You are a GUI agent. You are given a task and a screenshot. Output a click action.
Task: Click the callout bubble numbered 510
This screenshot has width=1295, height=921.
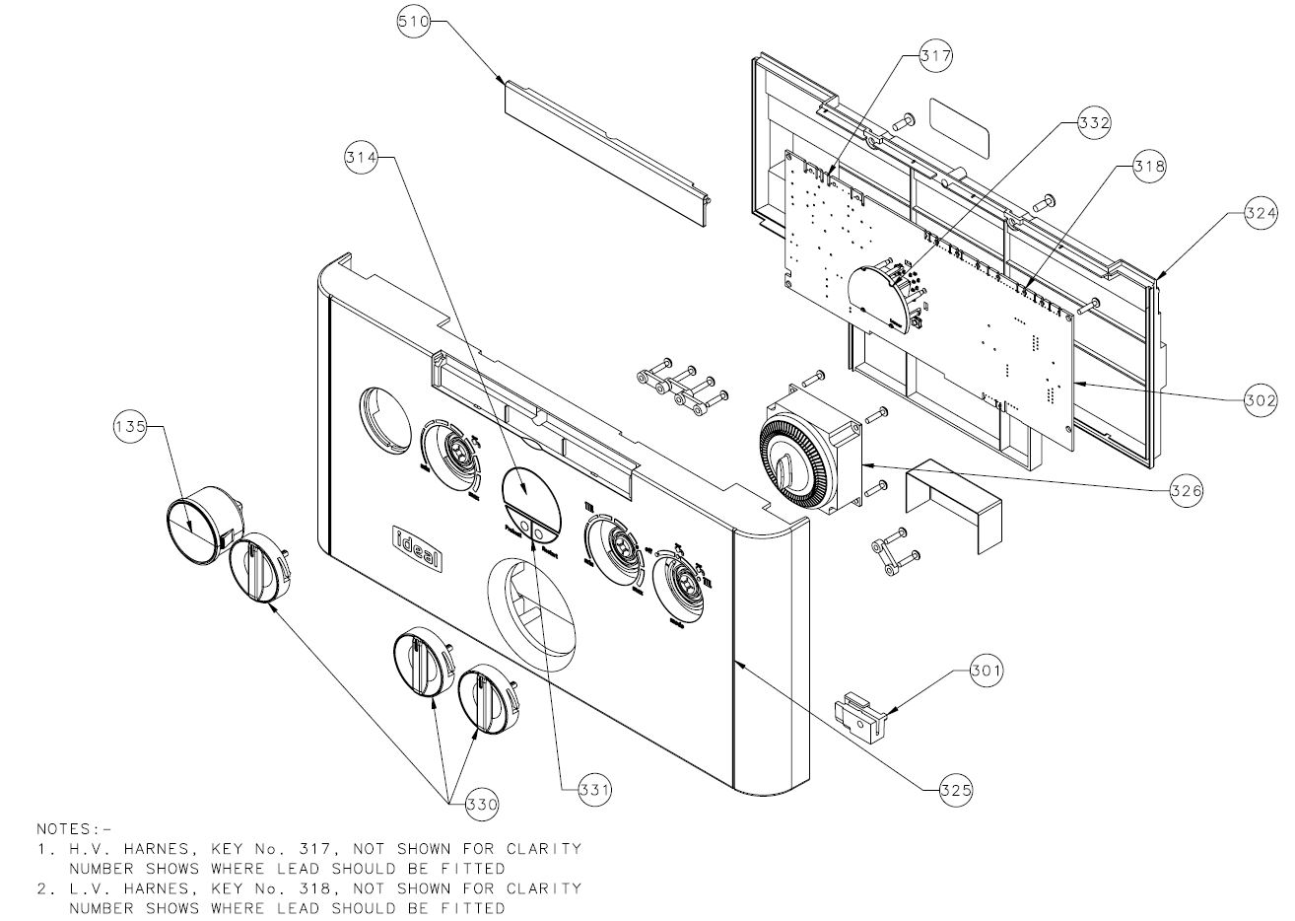coord(413,22)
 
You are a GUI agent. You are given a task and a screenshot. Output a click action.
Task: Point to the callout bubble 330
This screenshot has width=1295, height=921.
coord(482,805)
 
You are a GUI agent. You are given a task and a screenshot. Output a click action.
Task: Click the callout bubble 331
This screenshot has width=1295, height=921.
coord(594,789)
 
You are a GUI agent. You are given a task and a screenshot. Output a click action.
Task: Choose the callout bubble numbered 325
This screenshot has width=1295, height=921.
coord(954,789)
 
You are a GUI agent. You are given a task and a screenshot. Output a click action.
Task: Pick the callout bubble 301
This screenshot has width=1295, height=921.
coord(986,672)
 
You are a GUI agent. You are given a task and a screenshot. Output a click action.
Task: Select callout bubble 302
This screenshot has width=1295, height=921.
coord(1260,400)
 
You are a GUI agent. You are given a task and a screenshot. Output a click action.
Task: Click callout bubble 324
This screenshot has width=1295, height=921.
coord(1260,212)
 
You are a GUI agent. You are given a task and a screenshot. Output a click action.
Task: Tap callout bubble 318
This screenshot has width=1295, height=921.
coord(1147,167)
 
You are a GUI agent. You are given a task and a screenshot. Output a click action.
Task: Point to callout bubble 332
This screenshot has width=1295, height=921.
coord(1093,123)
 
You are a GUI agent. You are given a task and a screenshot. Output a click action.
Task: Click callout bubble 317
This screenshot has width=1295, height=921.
coord(935,56)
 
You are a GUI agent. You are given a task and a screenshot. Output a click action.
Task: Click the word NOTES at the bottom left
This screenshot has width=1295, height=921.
coord(68,829)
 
